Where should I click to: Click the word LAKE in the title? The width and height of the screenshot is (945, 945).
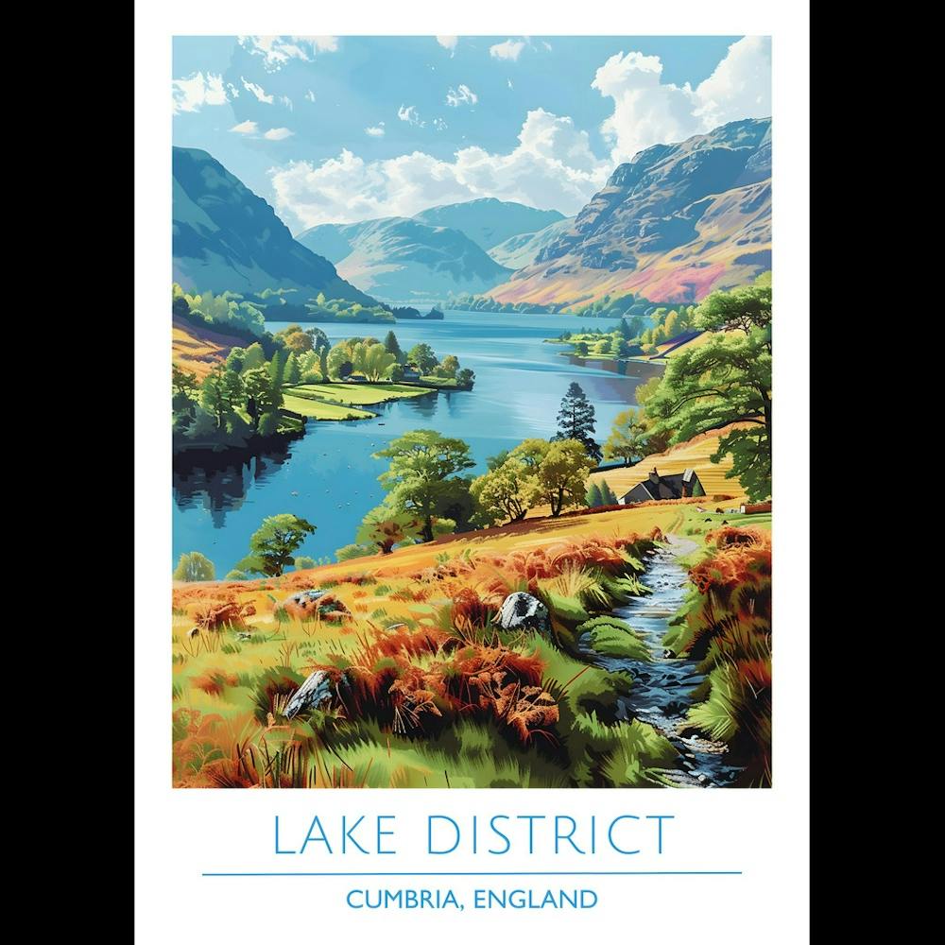(337, 834)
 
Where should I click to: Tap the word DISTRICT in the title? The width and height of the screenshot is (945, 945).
(550, 834)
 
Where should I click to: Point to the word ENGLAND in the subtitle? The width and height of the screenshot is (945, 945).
(536, 899)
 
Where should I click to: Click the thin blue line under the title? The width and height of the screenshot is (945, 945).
(472, 874)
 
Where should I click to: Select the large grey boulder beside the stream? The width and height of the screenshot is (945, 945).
(523, 611)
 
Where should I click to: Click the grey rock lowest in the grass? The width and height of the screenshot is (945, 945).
(310, 695)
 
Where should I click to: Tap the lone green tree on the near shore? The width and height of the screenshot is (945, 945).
(279, 541)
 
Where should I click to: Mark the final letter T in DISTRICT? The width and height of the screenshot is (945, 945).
(661, 834)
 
